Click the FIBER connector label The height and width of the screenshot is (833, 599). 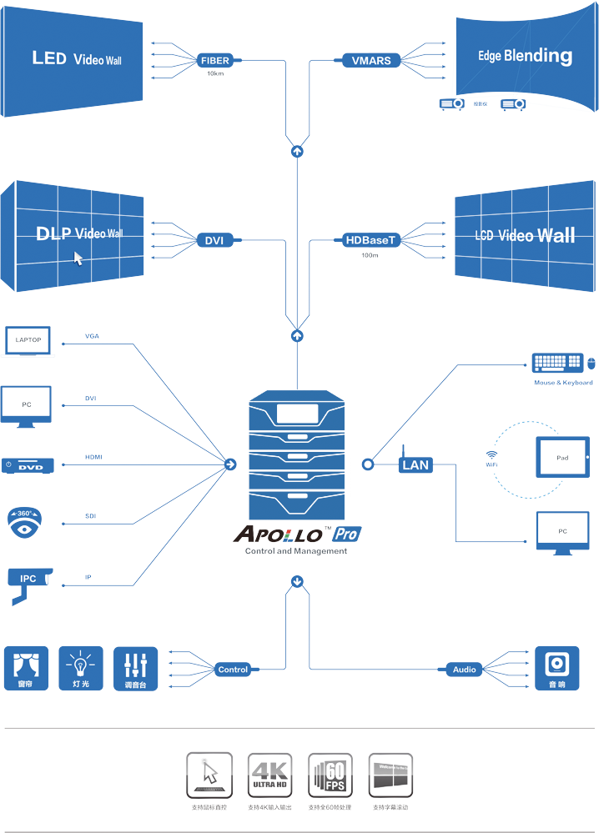tap(215, 61)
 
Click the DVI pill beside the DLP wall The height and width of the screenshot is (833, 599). tap(214, 241)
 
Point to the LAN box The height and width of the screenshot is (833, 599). tap(415, 464)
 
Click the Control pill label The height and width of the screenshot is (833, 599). tap(233, 670)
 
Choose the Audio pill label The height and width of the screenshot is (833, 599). tap(464, 670)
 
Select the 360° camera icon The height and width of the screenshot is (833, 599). tap(24, 521)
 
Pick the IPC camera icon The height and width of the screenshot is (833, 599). tap(28, 580)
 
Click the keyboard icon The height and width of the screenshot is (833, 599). tap(557, 364)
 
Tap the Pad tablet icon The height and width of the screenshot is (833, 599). tap(562, 458)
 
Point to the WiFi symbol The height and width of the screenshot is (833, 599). tap(491, 455)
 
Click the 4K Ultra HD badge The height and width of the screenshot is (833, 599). tap(269, 775)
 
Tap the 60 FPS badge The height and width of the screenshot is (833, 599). tap(330, 775)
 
